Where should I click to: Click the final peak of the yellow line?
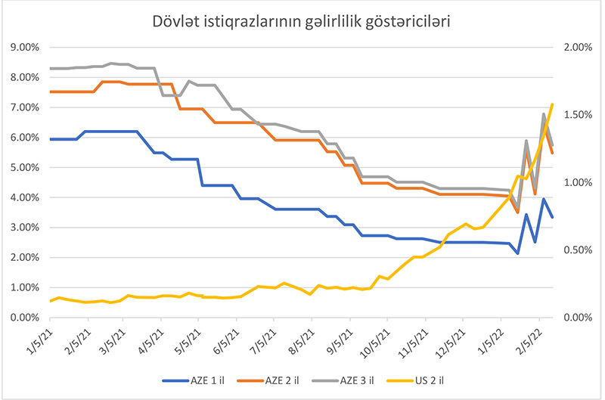553,104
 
